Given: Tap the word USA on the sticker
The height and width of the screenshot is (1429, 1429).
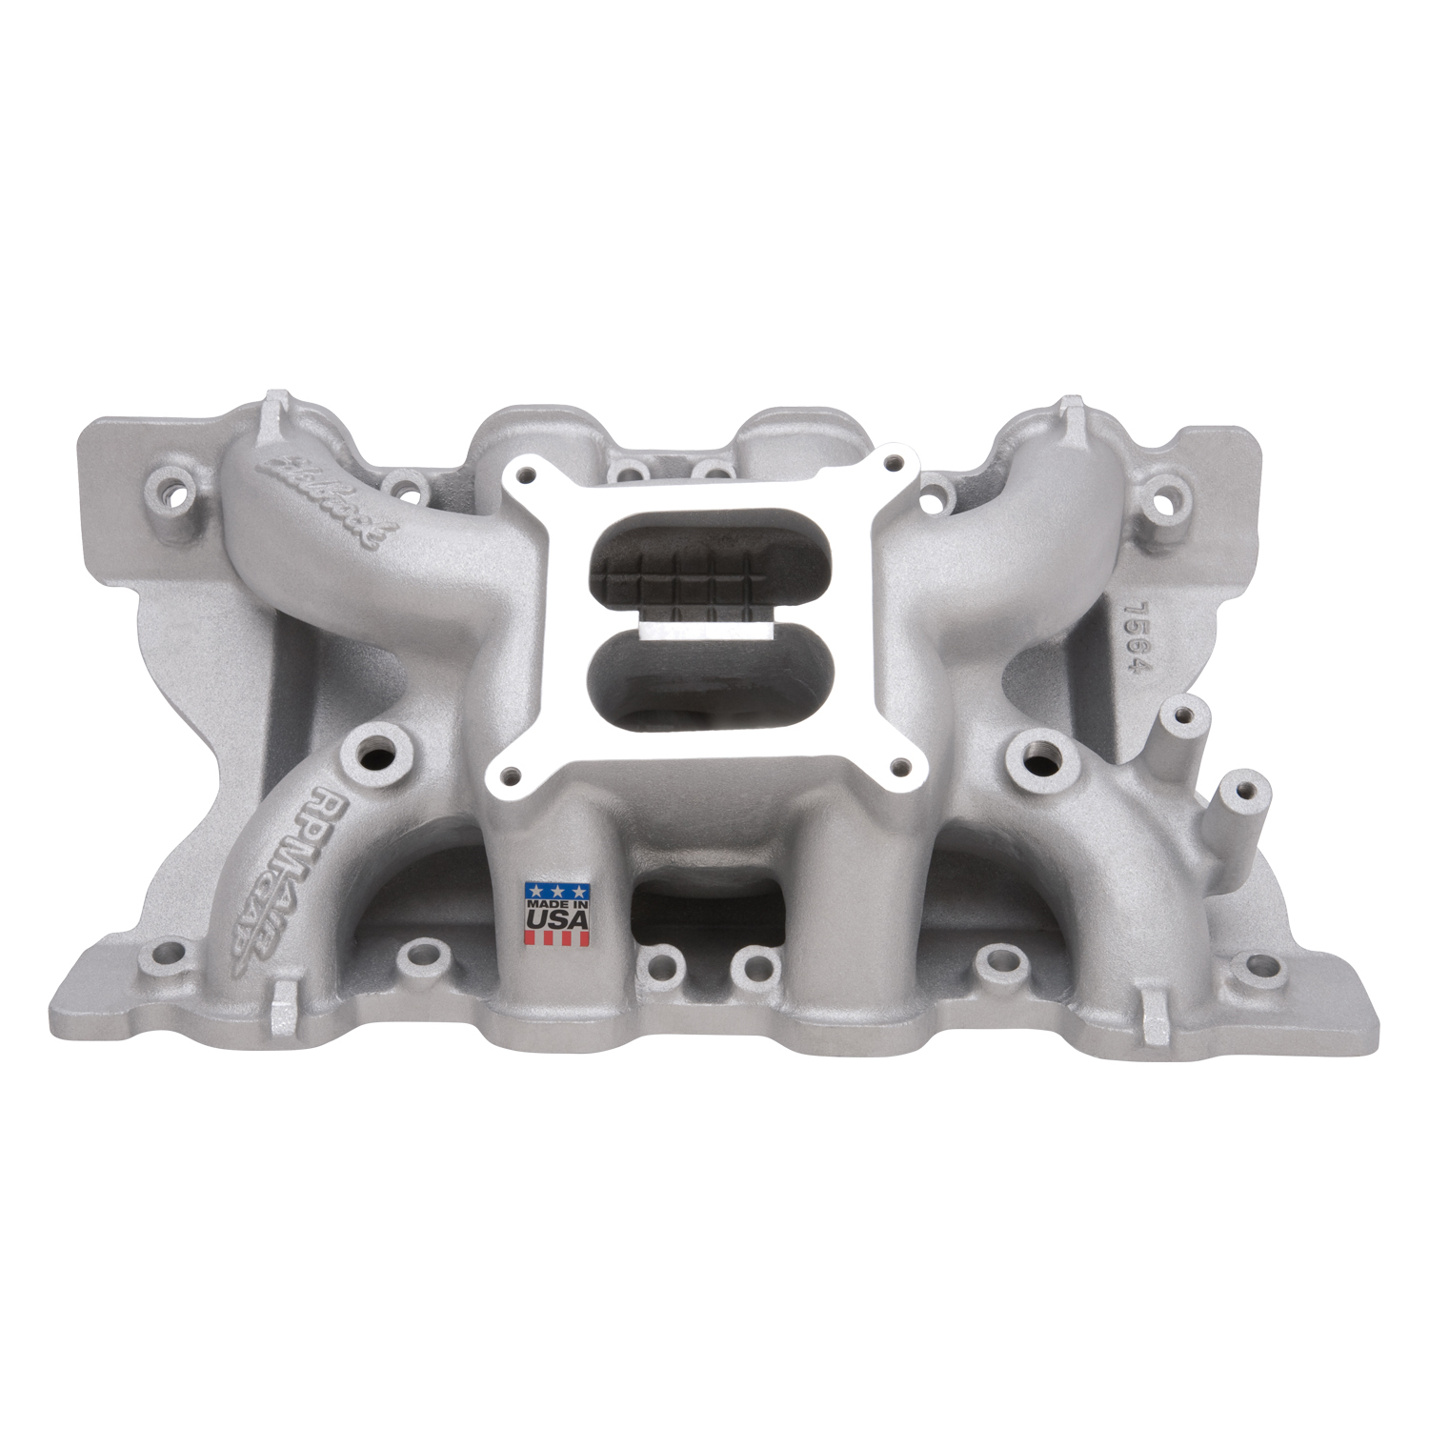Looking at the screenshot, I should click(557, 919).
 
